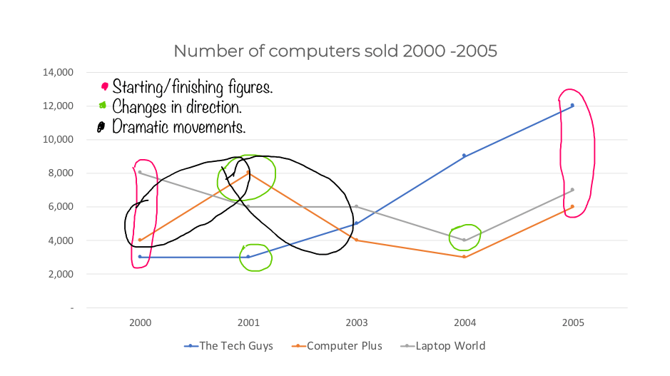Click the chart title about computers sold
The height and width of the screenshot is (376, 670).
point(335,51)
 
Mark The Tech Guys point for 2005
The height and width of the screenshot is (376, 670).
point(572,106)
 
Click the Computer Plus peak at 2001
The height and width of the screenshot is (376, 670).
point(248,173)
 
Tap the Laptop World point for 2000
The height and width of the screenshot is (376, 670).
point(141,173)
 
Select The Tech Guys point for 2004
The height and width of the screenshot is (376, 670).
point(465,156)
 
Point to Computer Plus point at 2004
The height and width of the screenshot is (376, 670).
point(465,257)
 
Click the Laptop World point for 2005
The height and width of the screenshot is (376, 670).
point(572,190)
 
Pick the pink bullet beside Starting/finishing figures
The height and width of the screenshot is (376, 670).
point(104,87)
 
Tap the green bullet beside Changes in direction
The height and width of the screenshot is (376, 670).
point(103,106)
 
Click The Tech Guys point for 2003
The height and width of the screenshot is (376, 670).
point(357,223)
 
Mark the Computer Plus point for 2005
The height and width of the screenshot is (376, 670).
point(572,207)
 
